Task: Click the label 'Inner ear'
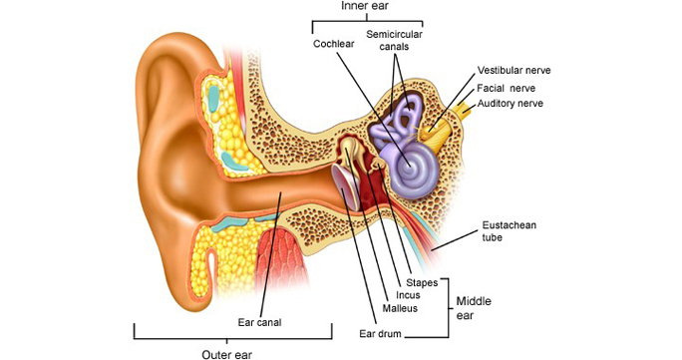pyautogui.click(x=365, y=6)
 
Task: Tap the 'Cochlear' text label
pyautogui.click(x=334, y=44)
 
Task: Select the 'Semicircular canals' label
pyautogui.click(x=394, y=40)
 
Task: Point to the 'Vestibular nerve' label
pyautogui.click(x=514, y=71)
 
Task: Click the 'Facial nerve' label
pyautogui.click(x=506, y=89)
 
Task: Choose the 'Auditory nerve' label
pyautogui.click(x=511, y=104)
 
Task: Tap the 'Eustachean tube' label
pyautogui.click(x=509, y=231)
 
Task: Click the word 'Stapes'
pyautogui.click(x=422, y=283)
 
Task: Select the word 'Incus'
pyautogui.click(x=408, y=295)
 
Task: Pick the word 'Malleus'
pyautogui.click(x=400, y=308)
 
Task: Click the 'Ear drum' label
pyautogui.click(x=380, y=334)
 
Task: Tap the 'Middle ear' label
pyautogui.click(x=474, y=308)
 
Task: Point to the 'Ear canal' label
pyautogui.click(x=259, y=323)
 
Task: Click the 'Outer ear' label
pyautogui.click(x=226, y=354)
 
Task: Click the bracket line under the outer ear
pyautogui.click(x=233, y=338)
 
